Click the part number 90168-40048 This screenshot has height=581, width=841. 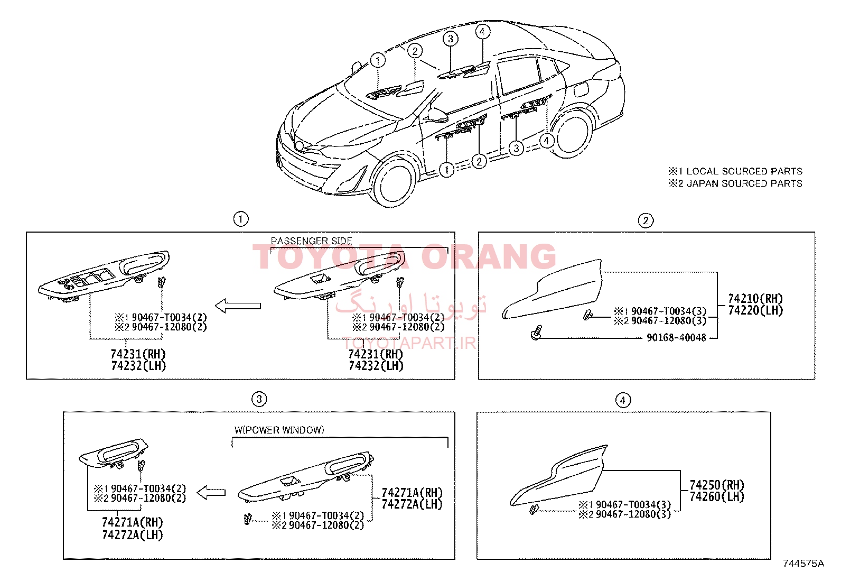pos(676,337)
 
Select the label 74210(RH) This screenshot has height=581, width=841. pos(755,298)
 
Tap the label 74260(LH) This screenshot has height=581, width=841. pos(717,496)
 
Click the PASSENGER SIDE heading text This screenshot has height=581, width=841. pos(311,241)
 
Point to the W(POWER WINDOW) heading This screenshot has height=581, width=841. pos(279,430)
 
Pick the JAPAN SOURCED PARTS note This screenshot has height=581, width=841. pos(744,183)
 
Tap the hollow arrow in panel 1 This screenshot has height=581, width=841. pos(238,306)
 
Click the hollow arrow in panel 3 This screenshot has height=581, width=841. pos(211,492)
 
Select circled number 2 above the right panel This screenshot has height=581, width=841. pos(646,220)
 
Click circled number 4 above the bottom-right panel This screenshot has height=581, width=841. pos(623,400)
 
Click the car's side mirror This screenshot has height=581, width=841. pos(438,115)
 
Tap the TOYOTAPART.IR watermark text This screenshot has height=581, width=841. pos(409,343)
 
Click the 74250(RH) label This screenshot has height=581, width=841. pos(717,485)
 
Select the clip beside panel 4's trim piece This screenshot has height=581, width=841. pos(534,510)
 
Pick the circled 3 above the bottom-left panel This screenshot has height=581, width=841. pos(259,399)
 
